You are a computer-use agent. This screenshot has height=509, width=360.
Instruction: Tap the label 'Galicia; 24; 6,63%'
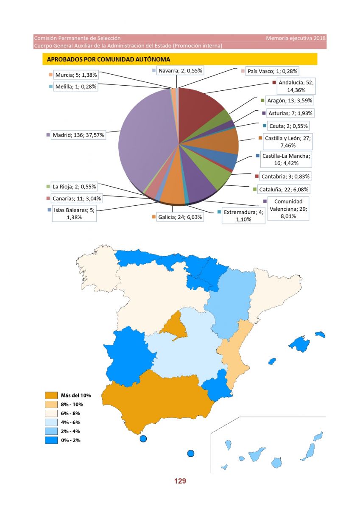180,217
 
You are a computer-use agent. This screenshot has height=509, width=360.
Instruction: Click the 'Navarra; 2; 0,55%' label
180,71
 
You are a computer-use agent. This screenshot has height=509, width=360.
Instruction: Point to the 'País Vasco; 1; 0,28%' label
272,71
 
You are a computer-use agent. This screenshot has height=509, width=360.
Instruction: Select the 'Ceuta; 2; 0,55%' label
288,126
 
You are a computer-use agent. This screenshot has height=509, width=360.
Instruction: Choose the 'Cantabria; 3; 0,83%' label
285,176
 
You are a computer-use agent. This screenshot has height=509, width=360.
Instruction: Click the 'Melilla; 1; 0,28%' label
76,87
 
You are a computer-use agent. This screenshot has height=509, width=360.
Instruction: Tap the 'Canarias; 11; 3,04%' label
77,199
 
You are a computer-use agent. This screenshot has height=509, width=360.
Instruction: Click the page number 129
180,481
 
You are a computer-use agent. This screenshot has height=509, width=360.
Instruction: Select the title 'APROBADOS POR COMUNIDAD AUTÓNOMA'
109,59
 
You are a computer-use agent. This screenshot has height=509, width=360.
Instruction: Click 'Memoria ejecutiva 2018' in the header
296,38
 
